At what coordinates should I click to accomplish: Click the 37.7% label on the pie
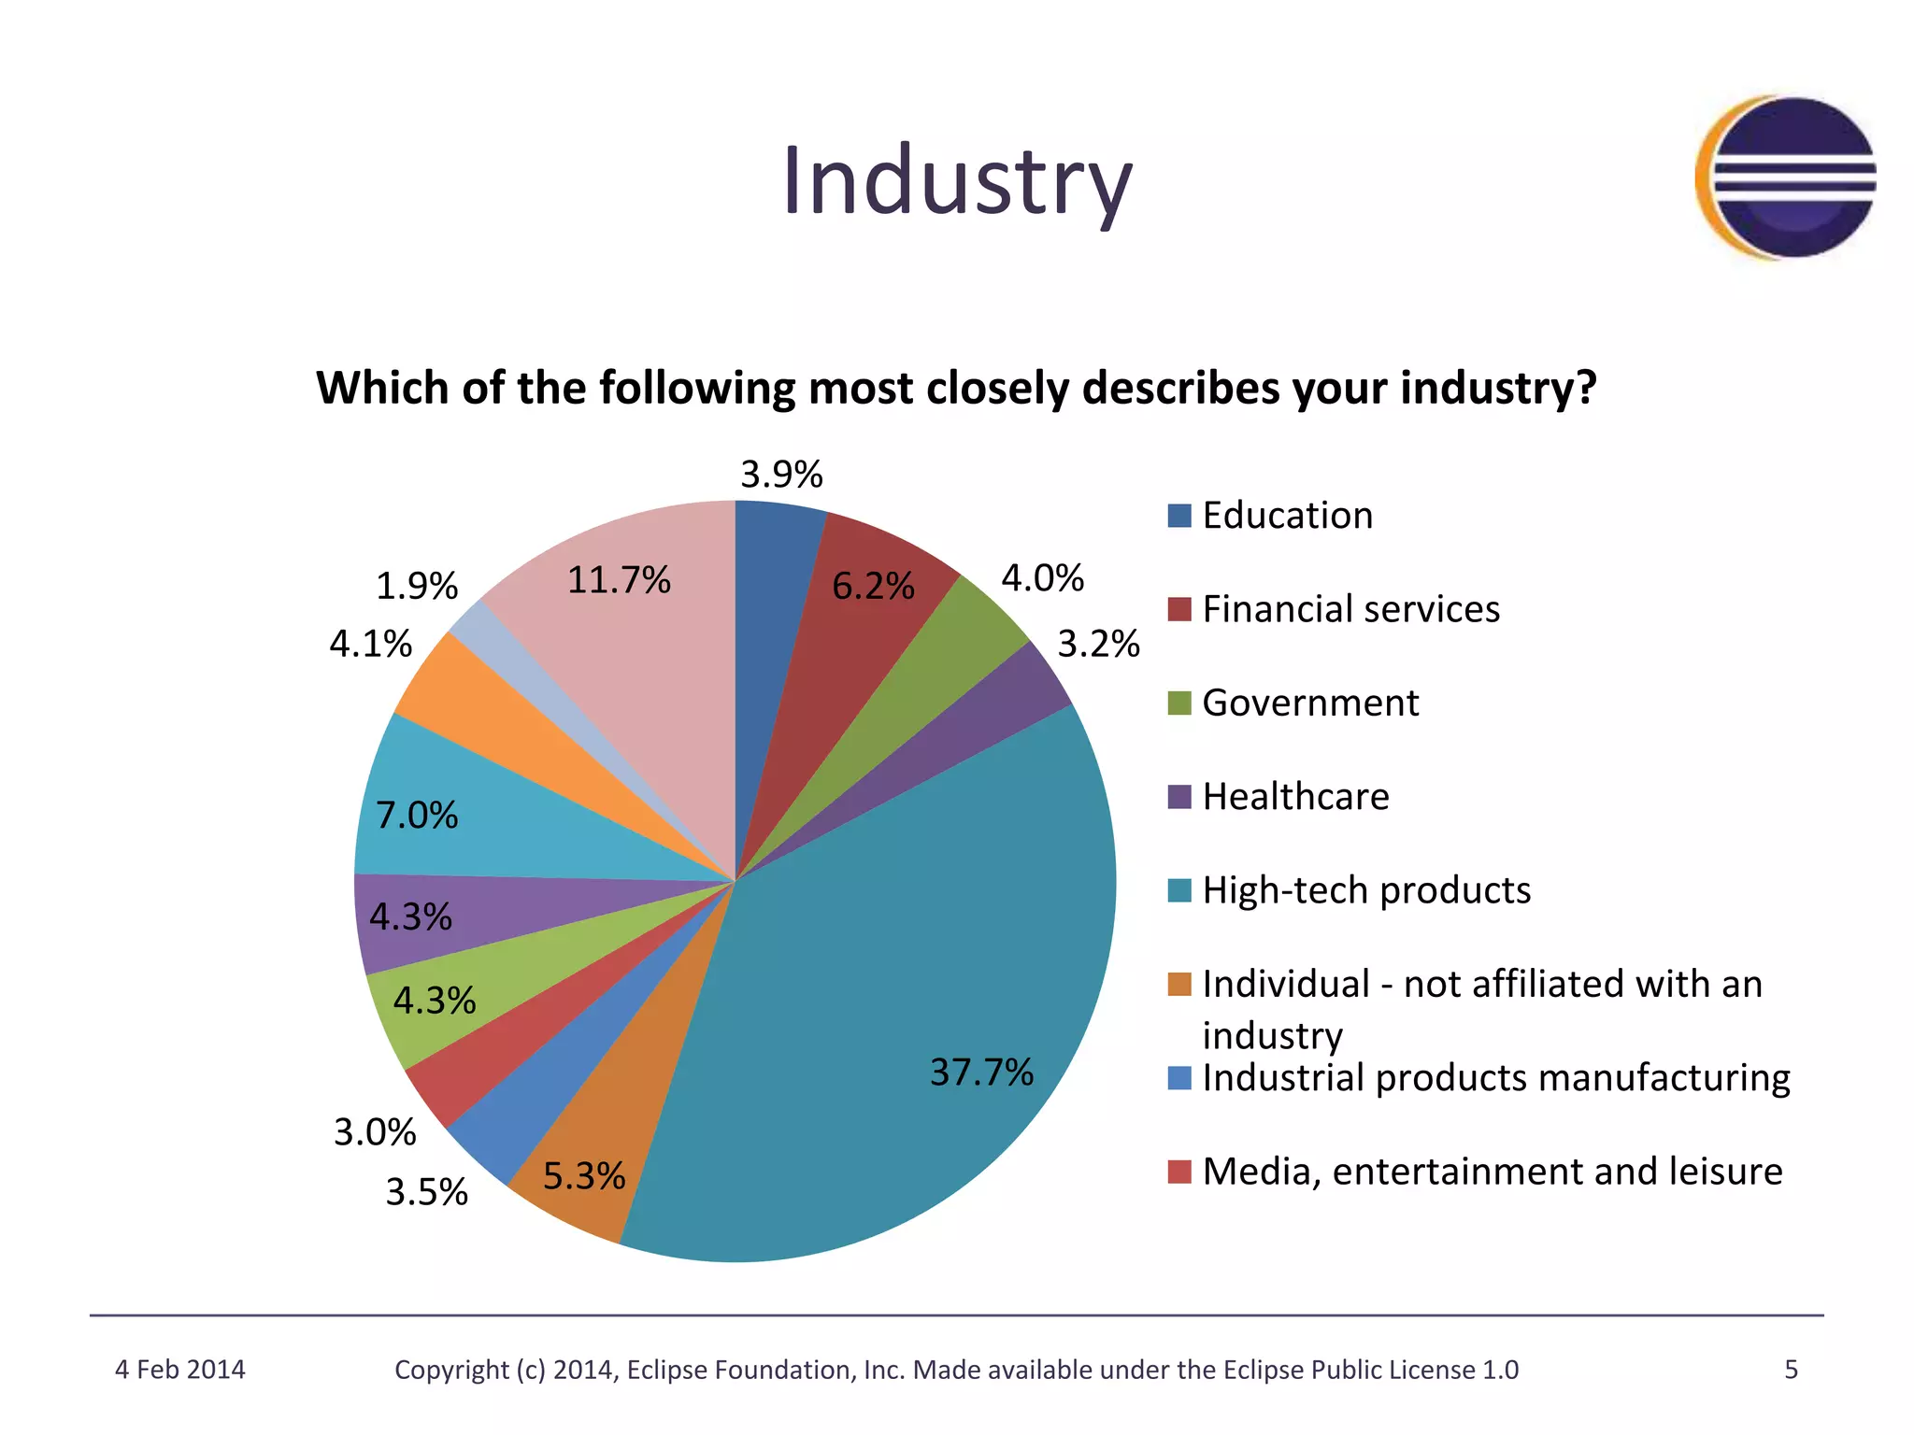tap(980, 1072)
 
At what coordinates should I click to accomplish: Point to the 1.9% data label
tap(416, 587)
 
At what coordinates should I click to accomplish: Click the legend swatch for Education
tap(1179, 516)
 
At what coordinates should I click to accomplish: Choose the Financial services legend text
tap(1350, 609)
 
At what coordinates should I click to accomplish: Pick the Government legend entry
tap(1309, 703)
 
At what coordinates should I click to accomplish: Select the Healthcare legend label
tap(1295, 797)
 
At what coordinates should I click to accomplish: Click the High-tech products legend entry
tap(1365, 890)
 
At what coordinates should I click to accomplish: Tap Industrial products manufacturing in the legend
tap(1495, 1078)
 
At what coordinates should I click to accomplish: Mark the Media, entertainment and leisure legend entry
tap(1492, 1172)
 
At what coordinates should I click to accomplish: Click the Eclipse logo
tap(1787, 178)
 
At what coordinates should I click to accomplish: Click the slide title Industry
tap(957, 181)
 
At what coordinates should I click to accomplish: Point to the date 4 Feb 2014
tap(179, 1370)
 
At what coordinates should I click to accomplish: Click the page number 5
tap(1791, 1370)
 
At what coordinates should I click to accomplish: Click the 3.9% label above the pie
tap(781, 475)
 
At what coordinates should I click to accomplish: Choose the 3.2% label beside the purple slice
tap(1098, 644)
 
